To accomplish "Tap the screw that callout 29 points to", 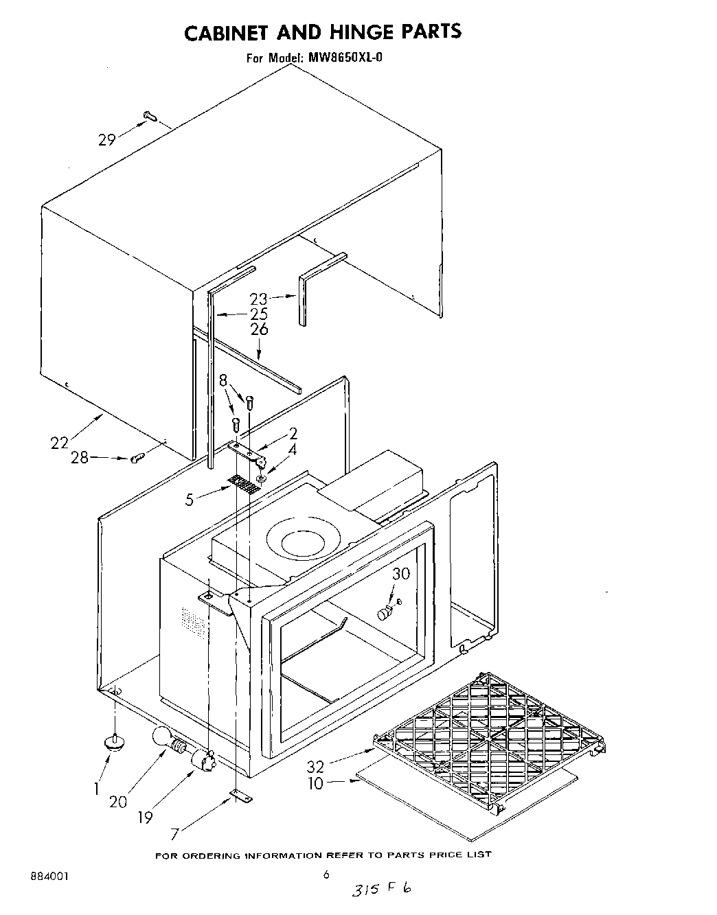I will (150, 118).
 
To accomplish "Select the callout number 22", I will (60, 443).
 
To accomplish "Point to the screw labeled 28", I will (136, 458).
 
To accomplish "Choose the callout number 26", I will (259, 329).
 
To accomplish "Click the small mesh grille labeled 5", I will (245, 485).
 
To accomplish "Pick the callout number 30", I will (400, 573).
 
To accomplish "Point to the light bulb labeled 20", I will (166, 738).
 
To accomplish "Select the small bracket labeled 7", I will (241, 796).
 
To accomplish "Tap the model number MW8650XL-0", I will (344, 58).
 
